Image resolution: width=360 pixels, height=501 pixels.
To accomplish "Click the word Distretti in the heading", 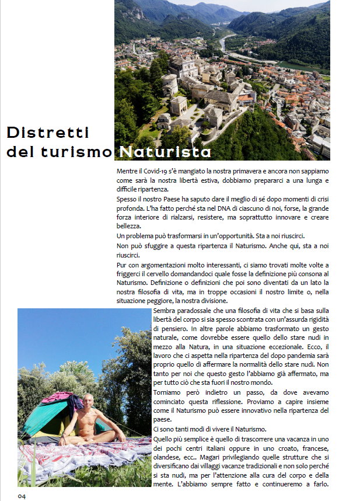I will click(x=48, y=133).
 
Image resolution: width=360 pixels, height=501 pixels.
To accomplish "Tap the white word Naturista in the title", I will click(x=165, y=152).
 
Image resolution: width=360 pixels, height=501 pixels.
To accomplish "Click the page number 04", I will click(x=22, y=496).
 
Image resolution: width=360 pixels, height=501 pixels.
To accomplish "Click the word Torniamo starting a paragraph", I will click(x=170, y=392).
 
